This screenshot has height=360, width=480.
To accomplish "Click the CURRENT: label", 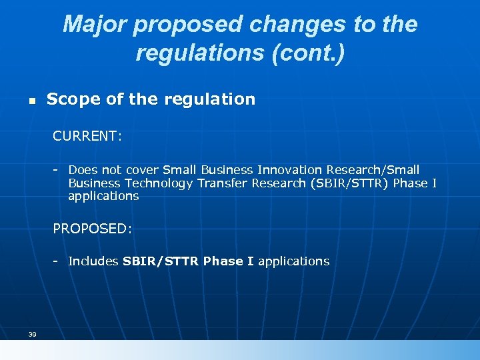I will coord(87,137).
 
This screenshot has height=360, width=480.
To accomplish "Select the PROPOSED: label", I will coord(93,229).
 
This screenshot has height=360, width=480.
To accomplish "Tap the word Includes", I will coord(93,261).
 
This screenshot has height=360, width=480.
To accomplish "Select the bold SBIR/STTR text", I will coord(161,261).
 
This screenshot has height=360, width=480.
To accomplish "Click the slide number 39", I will coord(32,334).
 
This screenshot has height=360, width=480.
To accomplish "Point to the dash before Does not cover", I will coord(57,170).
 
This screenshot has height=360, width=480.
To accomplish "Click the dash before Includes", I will coord(57,261).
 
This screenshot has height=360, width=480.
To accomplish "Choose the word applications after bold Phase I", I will coord(293,261).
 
